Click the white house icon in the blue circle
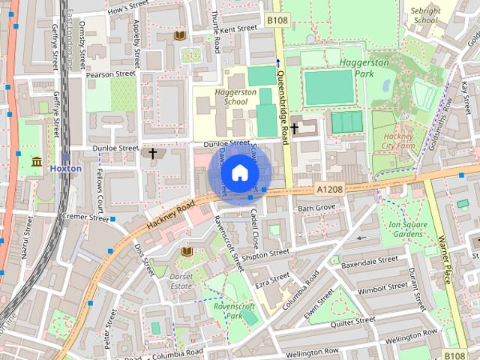[x=238, y=173]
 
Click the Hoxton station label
[x=65, y=169]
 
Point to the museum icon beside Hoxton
[x=36, y=161]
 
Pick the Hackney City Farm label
[x=398, y=142]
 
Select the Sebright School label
[x=424, y=16]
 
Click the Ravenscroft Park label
[x=235, y=311]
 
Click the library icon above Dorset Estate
[x=187, y=250]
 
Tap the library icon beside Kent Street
[x=180, y=34]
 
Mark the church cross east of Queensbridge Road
[x=294, y=128]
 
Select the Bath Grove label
[x=316, y=207]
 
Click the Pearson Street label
[x=110, y=74]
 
